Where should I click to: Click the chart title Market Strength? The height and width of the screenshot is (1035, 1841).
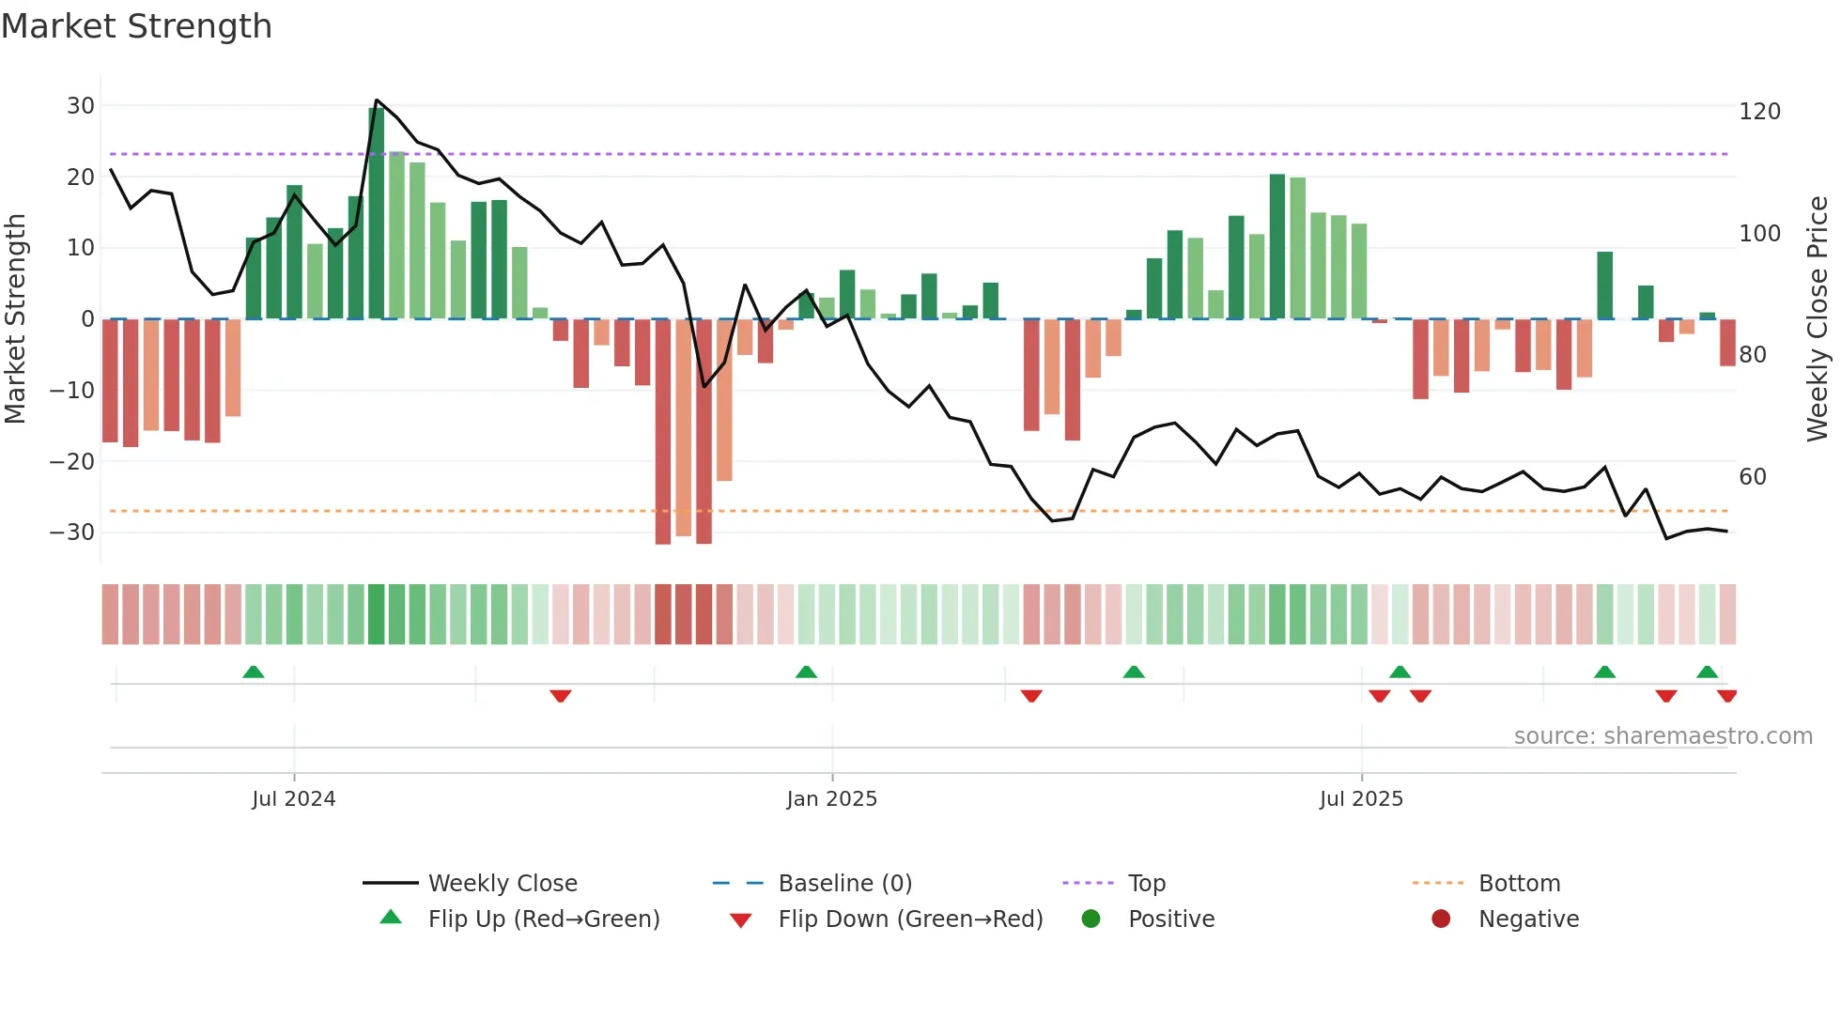coord(136,26)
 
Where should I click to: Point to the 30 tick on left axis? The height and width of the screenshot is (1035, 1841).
coord(81,106)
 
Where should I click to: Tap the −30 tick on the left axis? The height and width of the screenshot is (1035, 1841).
coord(72,533)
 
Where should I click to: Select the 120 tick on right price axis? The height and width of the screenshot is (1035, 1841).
coord(1759,112)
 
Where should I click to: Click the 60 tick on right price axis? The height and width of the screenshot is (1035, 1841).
coord(1752,477)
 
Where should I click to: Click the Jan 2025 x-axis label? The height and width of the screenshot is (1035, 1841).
coord(831,799)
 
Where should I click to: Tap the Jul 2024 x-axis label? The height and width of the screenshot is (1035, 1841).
coord(293,799)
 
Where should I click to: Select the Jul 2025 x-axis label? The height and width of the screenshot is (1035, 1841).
coord(1360,799)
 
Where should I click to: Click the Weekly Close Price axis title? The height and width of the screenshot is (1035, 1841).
coord(1818,319)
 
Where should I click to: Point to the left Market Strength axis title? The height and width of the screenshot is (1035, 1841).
coord(15,319)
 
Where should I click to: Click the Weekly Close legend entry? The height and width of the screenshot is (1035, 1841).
coord(502,884)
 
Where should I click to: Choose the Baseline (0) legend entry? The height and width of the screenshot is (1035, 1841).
coord(844,884)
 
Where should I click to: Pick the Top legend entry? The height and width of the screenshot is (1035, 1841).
coord(1146,884)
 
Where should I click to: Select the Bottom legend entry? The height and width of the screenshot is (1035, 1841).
coord(1519,884)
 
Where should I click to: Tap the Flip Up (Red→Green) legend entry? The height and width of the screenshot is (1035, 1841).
coord(543,919)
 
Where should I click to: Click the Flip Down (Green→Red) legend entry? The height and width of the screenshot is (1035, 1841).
coord(909,919)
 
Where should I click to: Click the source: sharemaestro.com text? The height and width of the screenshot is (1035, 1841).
coord(1663,736)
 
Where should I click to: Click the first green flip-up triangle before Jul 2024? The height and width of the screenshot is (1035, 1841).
coord(253,672)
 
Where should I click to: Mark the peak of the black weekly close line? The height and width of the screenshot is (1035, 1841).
coord(377,100)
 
